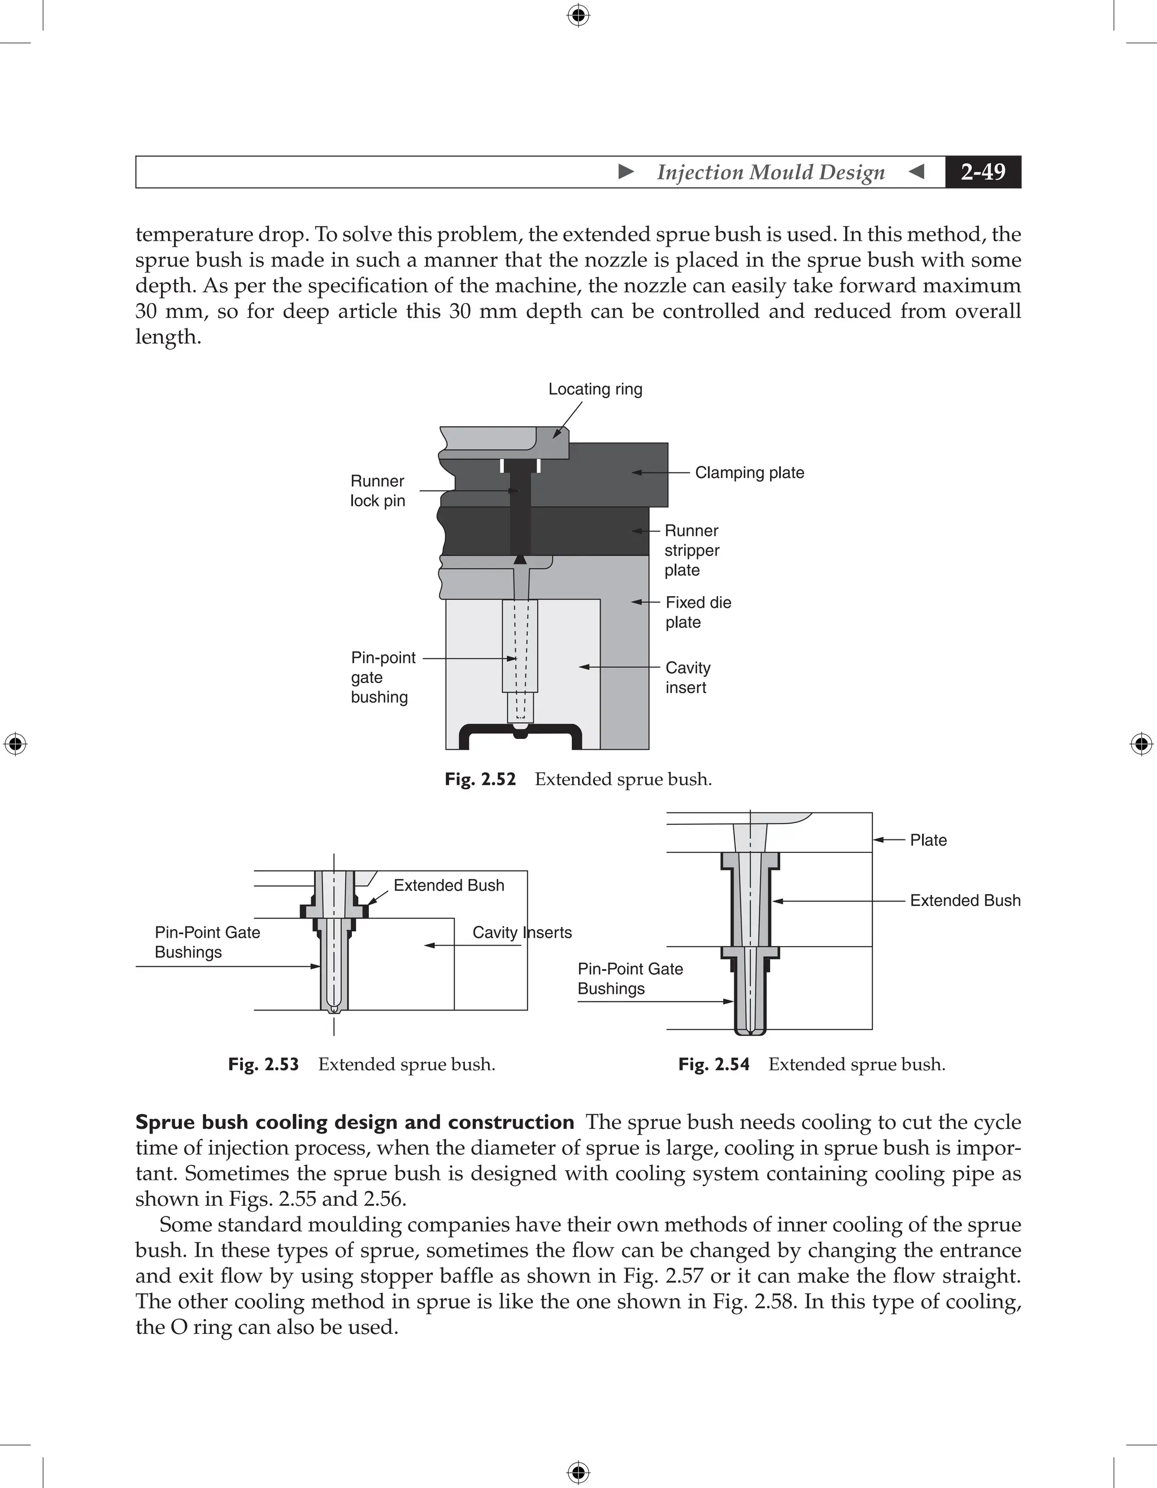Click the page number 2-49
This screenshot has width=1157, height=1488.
coord(982,172)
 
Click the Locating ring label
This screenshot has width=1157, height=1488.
coord(595,389)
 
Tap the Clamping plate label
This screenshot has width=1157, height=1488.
coord(749,473)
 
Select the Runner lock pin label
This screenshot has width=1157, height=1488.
coord(378,491)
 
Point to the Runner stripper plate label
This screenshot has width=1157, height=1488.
coord(692,550)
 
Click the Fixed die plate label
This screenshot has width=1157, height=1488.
coord(698,612)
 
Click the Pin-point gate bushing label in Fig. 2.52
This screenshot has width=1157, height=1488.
coord(383,677)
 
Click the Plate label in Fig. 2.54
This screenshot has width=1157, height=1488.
coord(928,840)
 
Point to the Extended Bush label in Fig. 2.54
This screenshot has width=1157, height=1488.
coord(965,901)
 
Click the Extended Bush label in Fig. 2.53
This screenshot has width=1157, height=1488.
coord(449,885)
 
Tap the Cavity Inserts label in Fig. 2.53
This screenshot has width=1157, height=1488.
coord(521,932)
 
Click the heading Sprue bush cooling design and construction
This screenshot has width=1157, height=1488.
coord(355,1122)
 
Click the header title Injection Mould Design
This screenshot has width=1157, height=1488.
coord(771,172)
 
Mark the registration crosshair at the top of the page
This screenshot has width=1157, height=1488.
coord(578,15)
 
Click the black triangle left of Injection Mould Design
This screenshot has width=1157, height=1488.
coord(626,172)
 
